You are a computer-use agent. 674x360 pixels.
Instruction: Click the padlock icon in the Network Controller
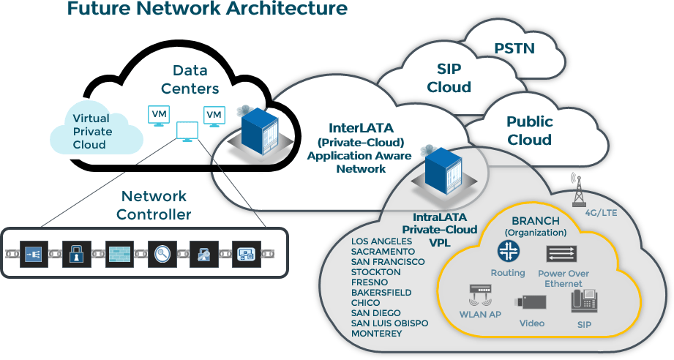pos(75,254)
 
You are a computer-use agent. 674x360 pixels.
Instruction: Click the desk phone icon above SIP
pos(583,301)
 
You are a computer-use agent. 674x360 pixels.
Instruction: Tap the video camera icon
pos(531,301)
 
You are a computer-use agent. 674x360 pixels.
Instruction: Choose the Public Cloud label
pos(529,130)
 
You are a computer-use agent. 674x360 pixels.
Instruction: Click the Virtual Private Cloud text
pos(92,132)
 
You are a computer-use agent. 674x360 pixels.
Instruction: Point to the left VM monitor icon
pos(158,116)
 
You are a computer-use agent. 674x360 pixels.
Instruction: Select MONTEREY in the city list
pos(377,334)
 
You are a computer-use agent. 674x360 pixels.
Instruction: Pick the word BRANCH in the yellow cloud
pos(536,221)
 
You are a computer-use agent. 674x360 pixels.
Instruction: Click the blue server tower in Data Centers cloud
pos(261,132)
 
